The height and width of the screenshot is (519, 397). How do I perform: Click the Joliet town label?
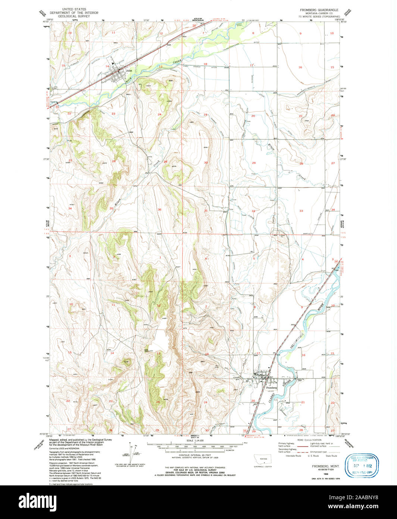(129, 70)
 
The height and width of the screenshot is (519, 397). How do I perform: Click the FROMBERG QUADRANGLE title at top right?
(320, 9)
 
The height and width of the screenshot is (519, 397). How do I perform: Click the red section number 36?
(159, 209)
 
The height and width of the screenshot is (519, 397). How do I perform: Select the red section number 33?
(301, 211)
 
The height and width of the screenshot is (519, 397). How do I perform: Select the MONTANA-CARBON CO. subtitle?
(319, 13)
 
